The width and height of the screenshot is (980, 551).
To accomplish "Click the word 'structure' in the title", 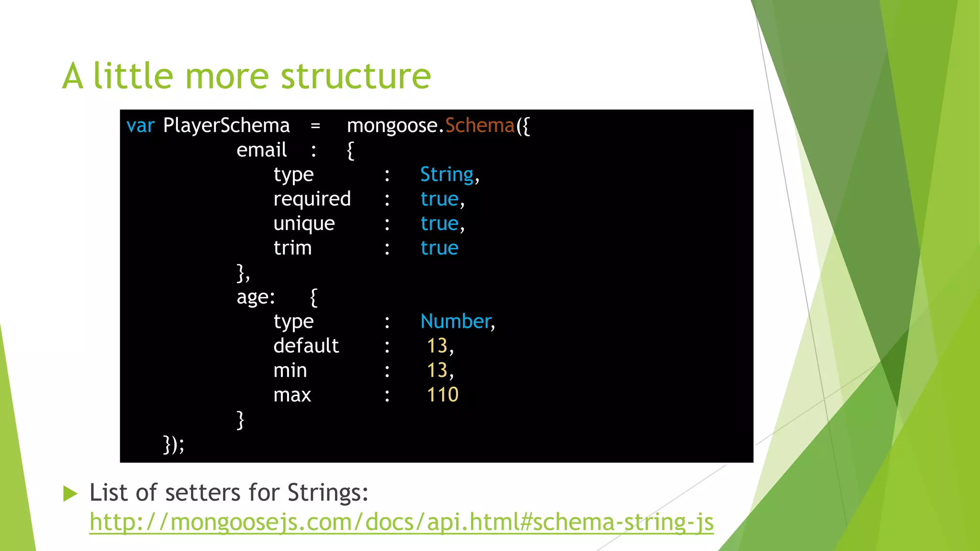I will click(356, 77).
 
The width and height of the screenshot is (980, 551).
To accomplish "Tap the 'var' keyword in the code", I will click(140, 126).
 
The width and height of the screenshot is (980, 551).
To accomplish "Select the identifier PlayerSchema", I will click(226, 126).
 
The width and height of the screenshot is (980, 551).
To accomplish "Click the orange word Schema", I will click(479, 126).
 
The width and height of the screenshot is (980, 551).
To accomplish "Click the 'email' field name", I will click(261, 151).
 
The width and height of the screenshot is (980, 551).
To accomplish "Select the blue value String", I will click(446, 175).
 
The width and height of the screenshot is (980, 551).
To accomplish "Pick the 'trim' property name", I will click(292, 248).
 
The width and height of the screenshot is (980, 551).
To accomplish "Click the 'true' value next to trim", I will click(439, 248).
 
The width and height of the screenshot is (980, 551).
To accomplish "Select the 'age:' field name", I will click(256, 298).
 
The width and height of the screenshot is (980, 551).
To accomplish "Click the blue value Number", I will click(456, 321).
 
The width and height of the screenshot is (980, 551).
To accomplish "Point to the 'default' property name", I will click(306, 346).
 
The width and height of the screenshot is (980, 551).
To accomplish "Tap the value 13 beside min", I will click(437, 370).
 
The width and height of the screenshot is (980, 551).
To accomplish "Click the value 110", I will click(443, 395).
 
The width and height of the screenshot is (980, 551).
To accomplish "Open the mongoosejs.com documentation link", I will click(401, 522).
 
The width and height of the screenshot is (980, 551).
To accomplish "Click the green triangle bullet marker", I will click(70, 494).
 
